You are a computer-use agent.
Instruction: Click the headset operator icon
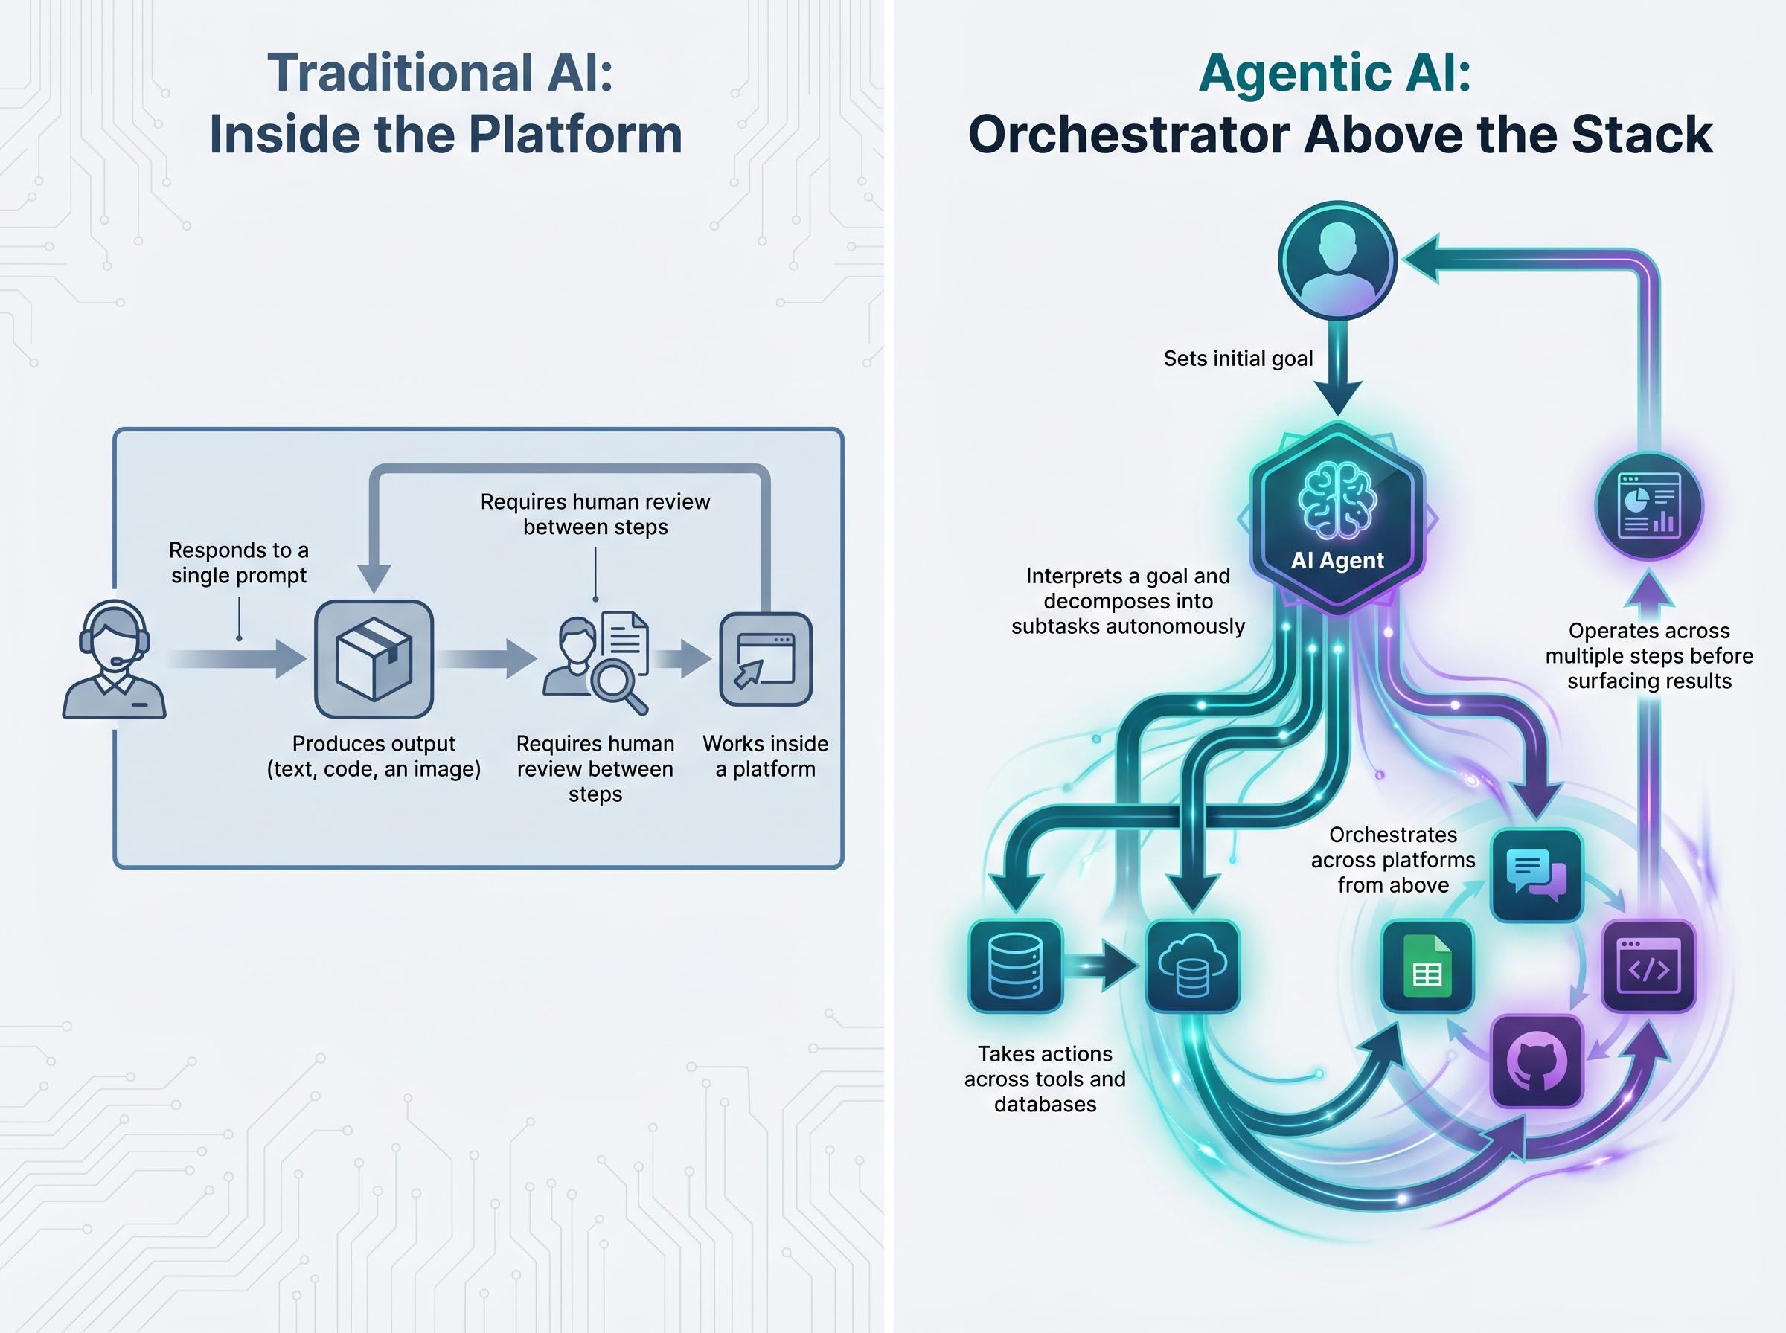point(114,659)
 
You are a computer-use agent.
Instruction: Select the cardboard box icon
point(374,659)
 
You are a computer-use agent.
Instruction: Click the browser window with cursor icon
point(765,659)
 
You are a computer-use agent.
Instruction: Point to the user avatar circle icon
point(1337,260)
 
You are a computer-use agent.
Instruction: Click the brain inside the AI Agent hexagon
point(1337,501)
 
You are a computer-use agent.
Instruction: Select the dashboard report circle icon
point(1649,506)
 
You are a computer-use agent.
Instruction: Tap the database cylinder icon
point(1015,966)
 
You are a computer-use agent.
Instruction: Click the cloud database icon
point(1192,966)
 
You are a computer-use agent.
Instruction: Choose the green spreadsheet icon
point(1427,966)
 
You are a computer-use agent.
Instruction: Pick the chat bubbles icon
point(1536,875)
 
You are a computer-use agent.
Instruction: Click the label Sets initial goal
point(1238,359)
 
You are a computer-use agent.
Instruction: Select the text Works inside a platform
point(765,755)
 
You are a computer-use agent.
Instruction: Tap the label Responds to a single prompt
point(239,562)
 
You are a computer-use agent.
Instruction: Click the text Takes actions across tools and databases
point(1044,1079)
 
